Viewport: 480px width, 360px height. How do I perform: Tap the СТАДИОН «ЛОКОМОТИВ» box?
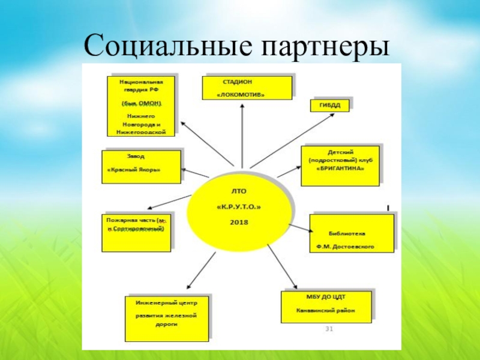click(247, 88)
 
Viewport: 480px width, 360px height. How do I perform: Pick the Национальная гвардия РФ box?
click(142, 105)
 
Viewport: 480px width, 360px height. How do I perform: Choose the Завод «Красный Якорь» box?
click(142, 166)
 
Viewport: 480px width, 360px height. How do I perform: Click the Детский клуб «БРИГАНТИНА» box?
click(340, 162)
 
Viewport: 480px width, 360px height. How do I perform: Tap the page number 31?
click(329, 329)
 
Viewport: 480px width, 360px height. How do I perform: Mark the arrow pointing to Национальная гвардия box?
click(207, 142)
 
